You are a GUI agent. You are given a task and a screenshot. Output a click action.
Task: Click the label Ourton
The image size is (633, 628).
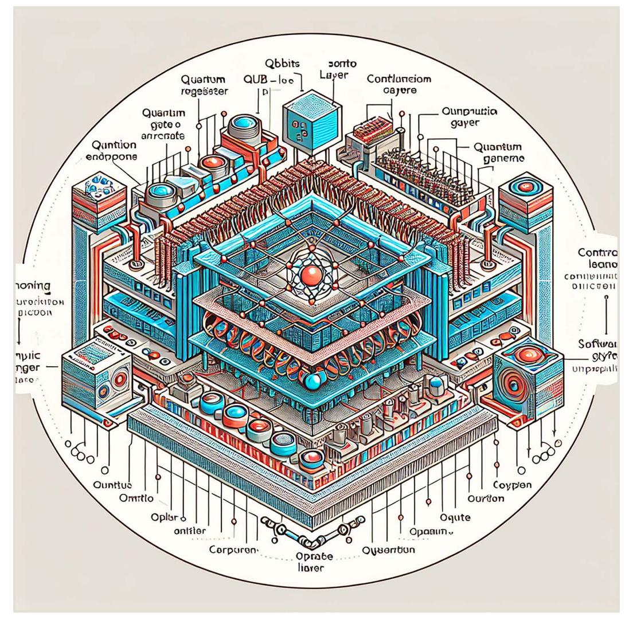pyautogui.click(x=486, y=498)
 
